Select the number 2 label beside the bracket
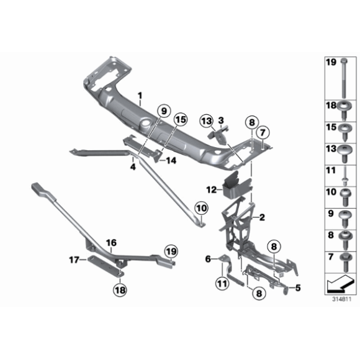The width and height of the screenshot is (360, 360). pyautogui.click(x=263, y=217)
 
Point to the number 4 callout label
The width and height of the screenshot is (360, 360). pyautogui.click(x=132, y=166)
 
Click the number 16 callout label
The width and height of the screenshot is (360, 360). pyautogui.click(x=111, y=243)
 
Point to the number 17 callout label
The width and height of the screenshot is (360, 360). pyautogui.click(x=73, y=260)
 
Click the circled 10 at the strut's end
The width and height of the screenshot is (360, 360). pyautogui.click(x=202, y=208)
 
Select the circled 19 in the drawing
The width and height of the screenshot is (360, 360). pyautogui.click(x=171, y=251)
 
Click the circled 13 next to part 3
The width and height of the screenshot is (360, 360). pyautogui.click(x=207, y=120)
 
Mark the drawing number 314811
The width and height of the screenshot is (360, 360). pyautogui.click(x=340, y=299)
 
